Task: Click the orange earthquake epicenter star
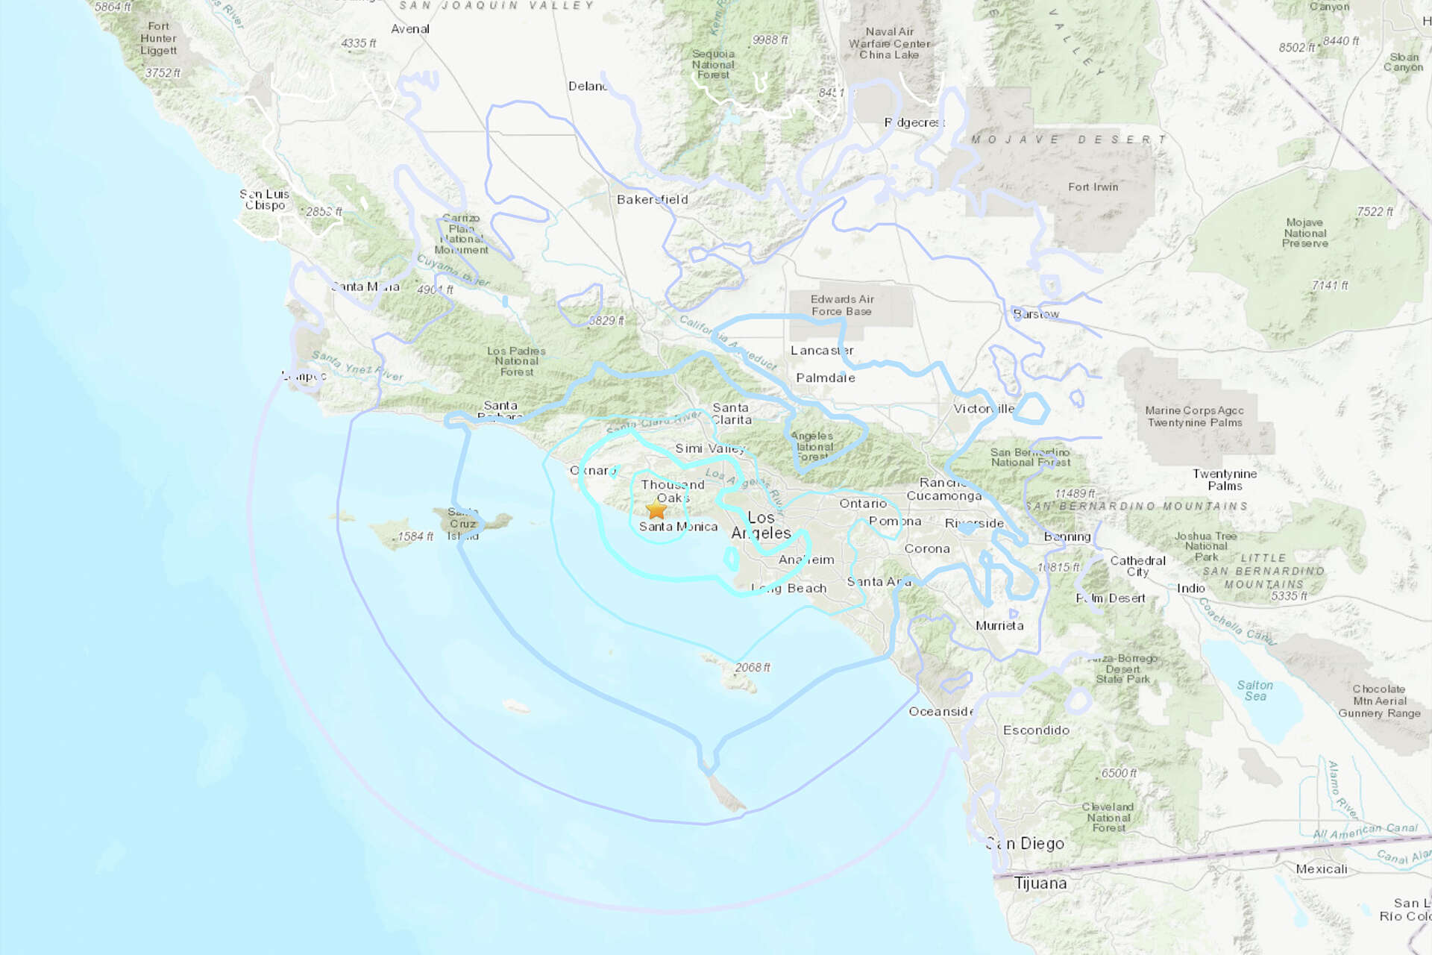[x=656, y=510]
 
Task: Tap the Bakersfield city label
[x=652, y=199]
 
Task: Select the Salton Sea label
[x=1255, y=690]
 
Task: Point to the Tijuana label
[x=1040, y=883]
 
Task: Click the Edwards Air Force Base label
[x=842, y=305]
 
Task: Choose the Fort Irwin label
[x=1093, y=187]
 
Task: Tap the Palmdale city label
[x=825, y=378]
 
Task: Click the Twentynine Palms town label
[x=1225, y=480]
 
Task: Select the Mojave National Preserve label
[x=1305, y=233]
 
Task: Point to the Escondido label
[x=1036, y=730]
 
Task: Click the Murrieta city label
[x=999, y=625]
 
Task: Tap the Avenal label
[x=410, y=29]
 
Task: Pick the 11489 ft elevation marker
[x=1075, y=493]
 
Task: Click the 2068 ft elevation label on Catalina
[x=752, y=667]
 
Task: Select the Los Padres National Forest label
[x=516, y=361]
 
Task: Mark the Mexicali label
[x=1322, y=868]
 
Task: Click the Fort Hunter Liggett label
[x=158, y=38]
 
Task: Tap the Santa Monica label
[x=678, y=526]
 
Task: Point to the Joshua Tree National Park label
[x=1205, y=546]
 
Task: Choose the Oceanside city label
[x=940, y=711]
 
